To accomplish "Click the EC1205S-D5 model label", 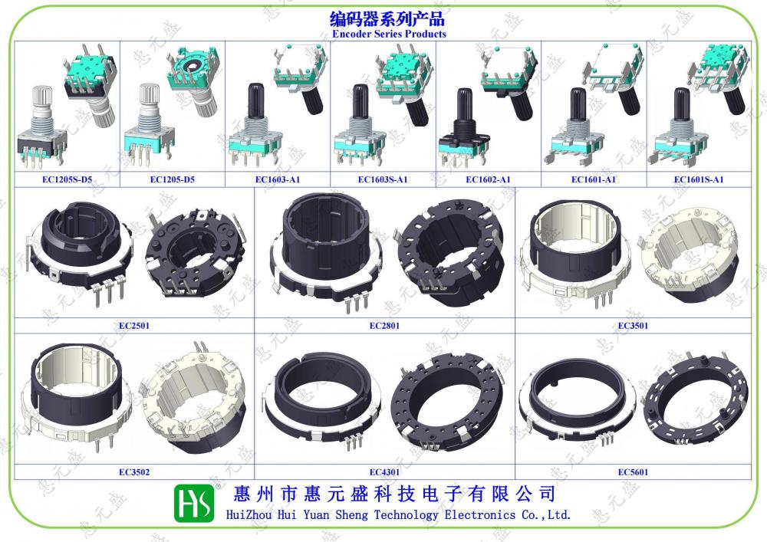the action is point(67,179).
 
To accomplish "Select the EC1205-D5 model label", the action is point(172,179).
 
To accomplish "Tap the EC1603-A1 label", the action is point(278,179).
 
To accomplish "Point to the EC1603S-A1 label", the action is point(383,179).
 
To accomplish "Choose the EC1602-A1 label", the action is point(488,179).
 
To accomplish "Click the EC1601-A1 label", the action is point(594,179).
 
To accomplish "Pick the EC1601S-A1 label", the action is point(699,179).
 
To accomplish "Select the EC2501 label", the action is point(134,326).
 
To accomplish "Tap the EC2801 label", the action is point(384,326).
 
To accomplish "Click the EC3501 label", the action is point(633,326).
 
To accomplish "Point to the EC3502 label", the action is point(134,472).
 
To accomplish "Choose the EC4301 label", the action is point(384,472).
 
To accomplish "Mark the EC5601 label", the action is point(633,472).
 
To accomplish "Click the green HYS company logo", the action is point(194,503).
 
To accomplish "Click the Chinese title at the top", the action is point(387,19).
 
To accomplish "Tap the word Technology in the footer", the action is point(406,514).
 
